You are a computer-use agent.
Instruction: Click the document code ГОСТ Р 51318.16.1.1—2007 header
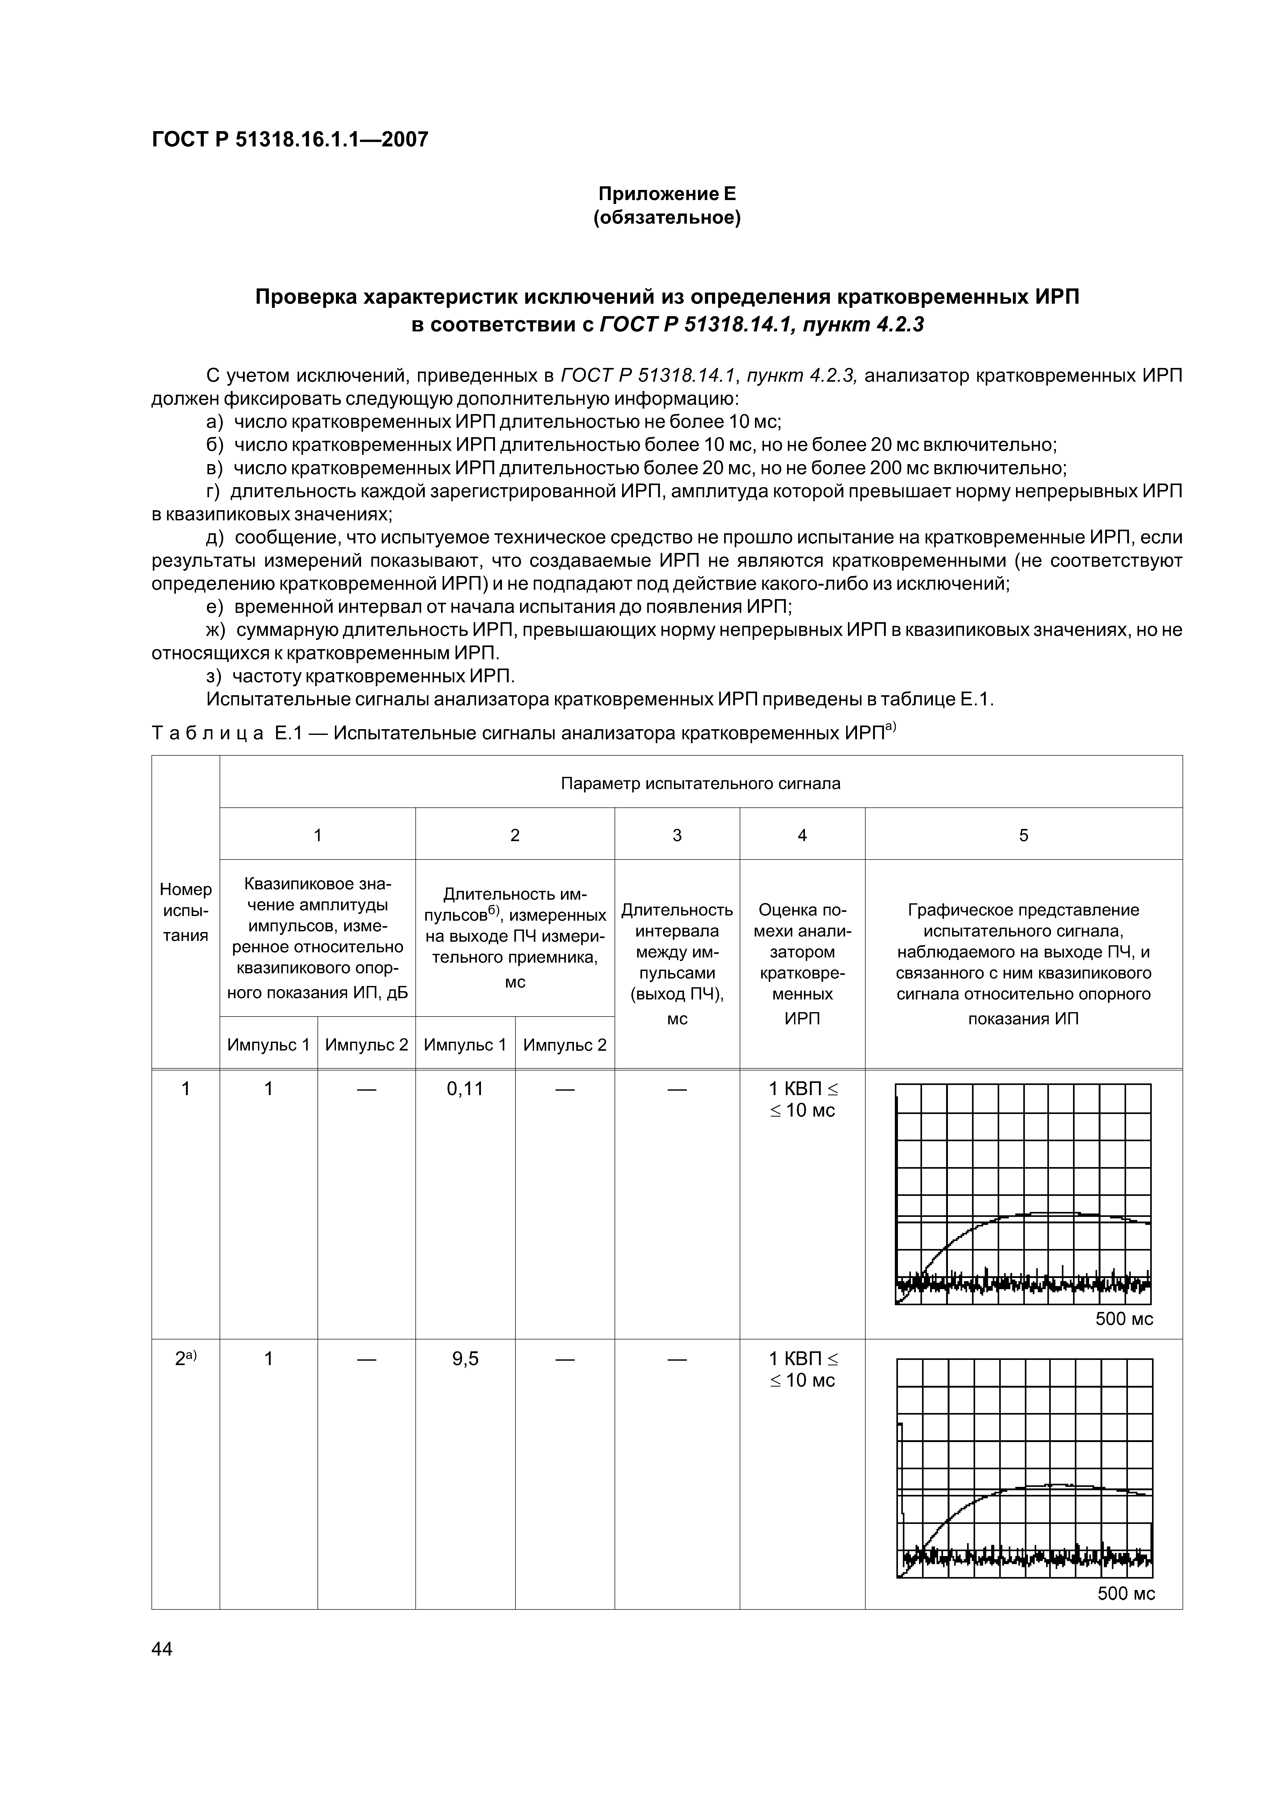pyautogui.click(x=290, y=140)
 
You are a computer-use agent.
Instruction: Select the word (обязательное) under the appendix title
pyautogui.click(x=666, y=217)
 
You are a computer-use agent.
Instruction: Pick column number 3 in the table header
pyautogui.click(x=677, y=835)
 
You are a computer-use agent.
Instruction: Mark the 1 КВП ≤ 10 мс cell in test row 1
pyautogui.click(x=802, y=1099)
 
